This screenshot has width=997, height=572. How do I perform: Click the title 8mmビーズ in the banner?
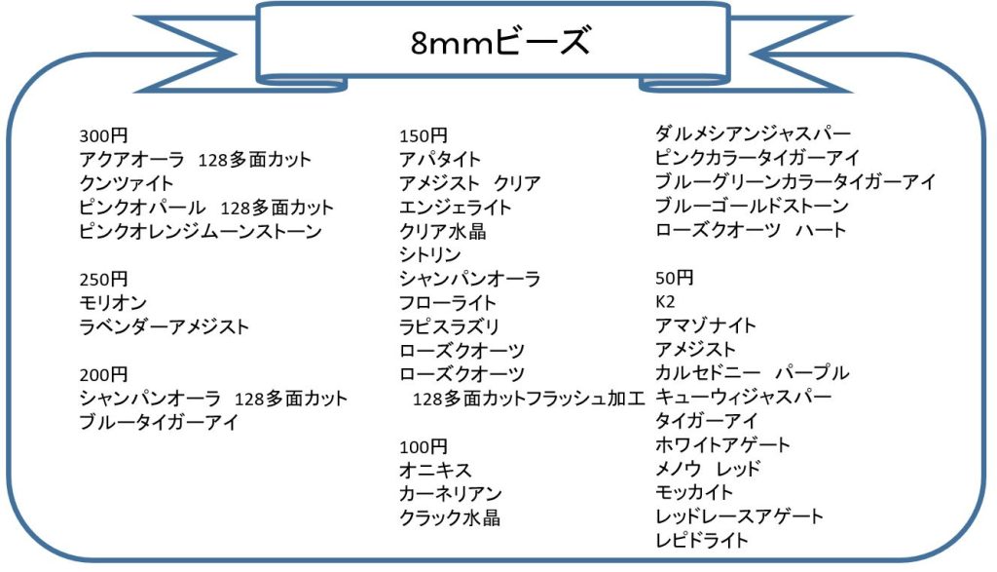tap(500, 41)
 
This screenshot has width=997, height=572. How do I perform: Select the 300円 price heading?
tap(103, 135)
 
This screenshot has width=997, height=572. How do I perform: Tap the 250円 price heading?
tap(103, 279)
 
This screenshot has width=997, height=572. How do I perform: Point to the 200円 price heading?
tap(103, 374)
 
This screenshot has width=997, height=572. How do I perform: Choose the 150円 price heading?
tap(424, 135)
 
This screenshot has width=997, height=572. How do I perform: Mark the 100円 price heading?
tap(424, 446)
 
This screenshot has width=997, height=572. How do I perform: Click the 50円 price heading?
tap(674, 278)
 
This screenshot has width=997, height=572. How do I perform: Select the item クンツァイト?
tap(126, 183)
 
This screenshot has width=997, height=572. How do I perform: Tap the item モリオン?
tap(113, 303)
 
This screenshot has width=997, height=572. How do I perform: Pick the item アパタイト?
tap(439, 159)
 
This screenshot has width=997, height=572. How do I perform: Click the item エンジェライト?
tap(456, 208)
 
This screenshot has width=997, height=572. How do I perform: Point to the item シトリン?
tap(429, 254)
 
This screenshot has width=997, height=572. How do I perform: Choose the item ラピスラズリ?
tap(449, 326)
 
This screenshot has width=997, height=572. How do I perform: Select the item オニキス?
tap(435, 471)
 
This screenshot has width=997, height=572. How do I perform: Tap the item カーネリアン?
tap(451, 494)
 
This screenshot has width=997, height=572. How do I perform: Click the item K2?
tap(665, 301)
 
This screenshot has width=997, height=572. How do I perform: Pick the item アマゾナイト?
tap(706, 325)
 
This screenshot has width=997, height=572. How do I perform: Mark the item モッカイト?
tap(693, 492)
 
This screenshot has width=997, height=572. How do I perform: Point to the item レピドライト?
tap(702, 540)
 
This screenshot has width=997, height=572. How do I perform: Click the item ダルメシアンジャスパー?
tap(753, 133)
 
